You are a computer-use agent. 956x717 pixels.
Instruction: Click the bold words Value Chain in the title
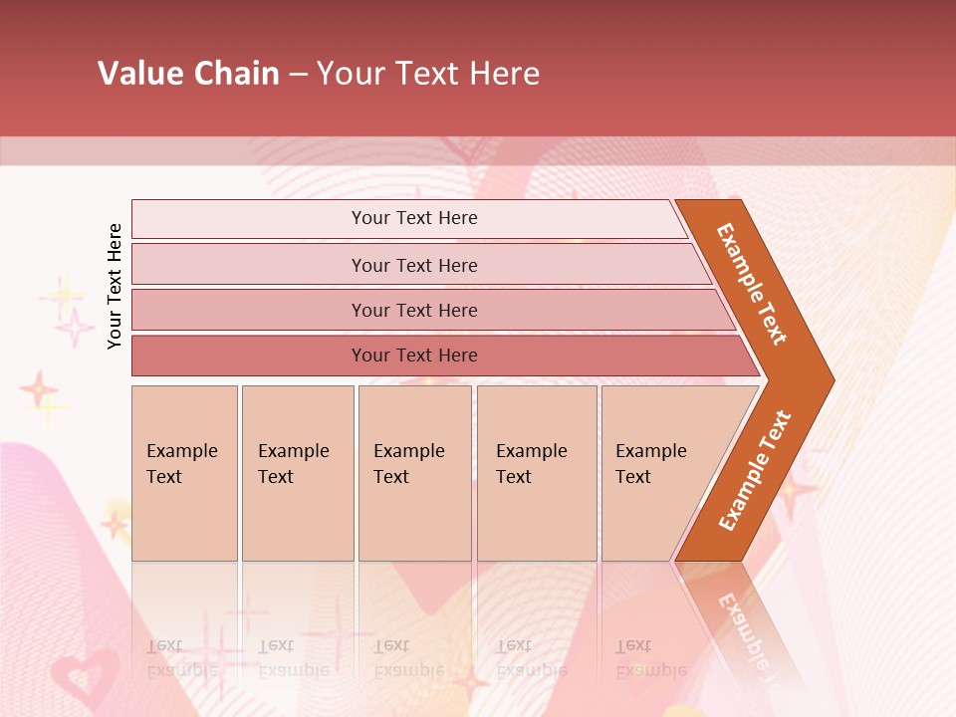tap(188, 74)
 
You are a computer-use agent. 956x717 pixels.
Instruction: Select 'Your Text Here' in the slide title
tap(428, 74)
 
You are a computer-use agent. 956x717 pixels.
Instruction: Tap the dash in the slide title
tap(298, 75)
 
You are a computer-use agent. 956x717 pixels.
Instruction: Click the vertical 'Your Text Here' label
tap(115, 286)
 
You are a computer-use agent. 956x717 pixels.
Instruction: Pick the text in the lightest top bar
tap(414, 218)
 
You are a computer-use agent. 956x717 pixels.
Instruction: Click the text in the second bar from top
tap(414, 265)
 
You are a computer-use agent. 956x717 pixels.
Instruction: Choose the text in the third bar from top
tap(414, 310)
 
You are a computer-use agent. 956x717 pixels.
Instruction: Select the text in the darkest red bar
tap(414, 356)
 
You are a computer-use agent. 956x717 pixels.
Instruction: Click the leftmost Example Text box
tap(184, 473)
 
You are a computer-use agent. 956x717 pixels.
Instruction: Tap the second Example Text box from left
tap(298, 473)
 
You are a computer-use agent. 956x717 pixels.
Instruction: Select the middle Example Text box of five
tap(414, 473)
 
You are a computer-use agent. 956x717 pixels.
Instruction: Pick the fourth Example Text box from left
tap(537, 473)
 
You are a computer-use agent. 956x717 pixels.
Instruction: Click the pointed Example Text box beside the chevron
tap(657, 473)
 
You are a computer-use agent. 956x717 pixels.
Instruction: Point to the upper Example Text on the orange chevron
tap(752, 284)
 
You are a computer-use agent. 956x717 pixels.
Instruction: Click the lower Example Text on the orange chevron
tap(755, 470)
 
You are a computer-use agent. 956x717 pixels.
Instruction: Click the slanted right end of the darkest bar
tap(749, 357)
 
